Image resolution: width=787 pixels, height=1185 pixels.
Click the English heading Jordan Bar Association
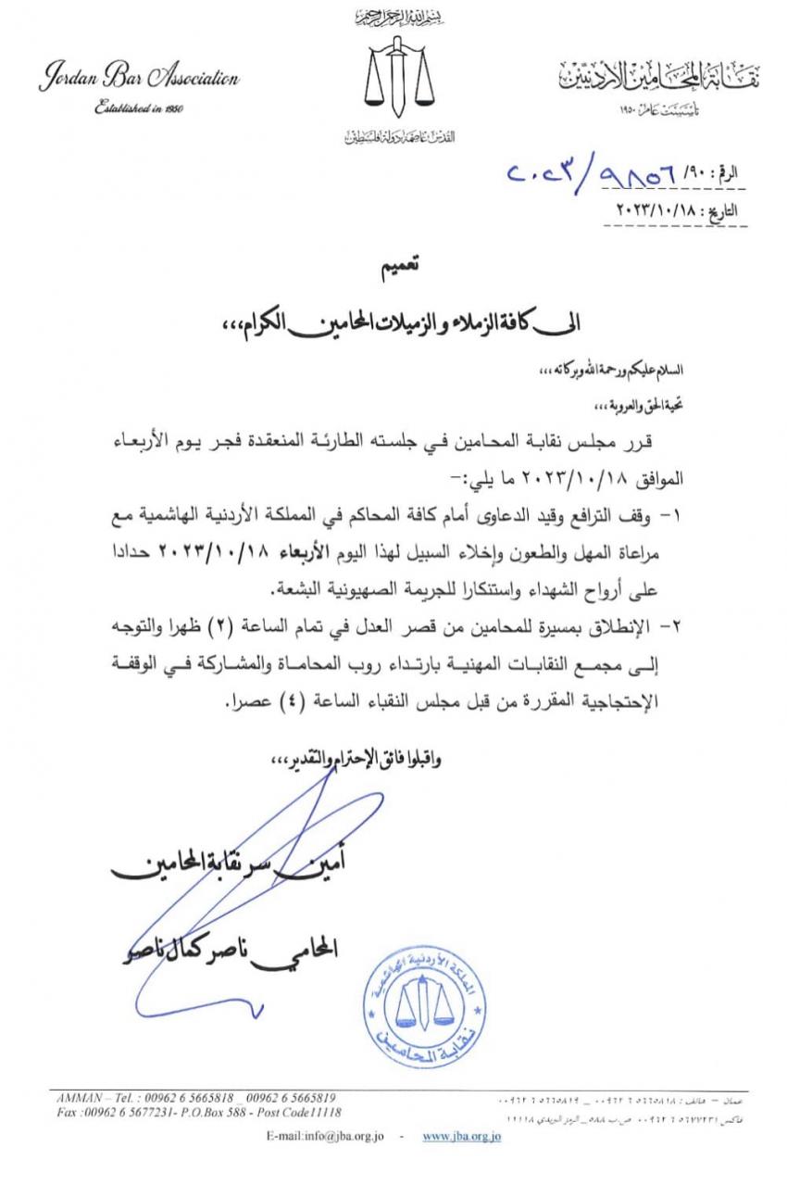(138, 80)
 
